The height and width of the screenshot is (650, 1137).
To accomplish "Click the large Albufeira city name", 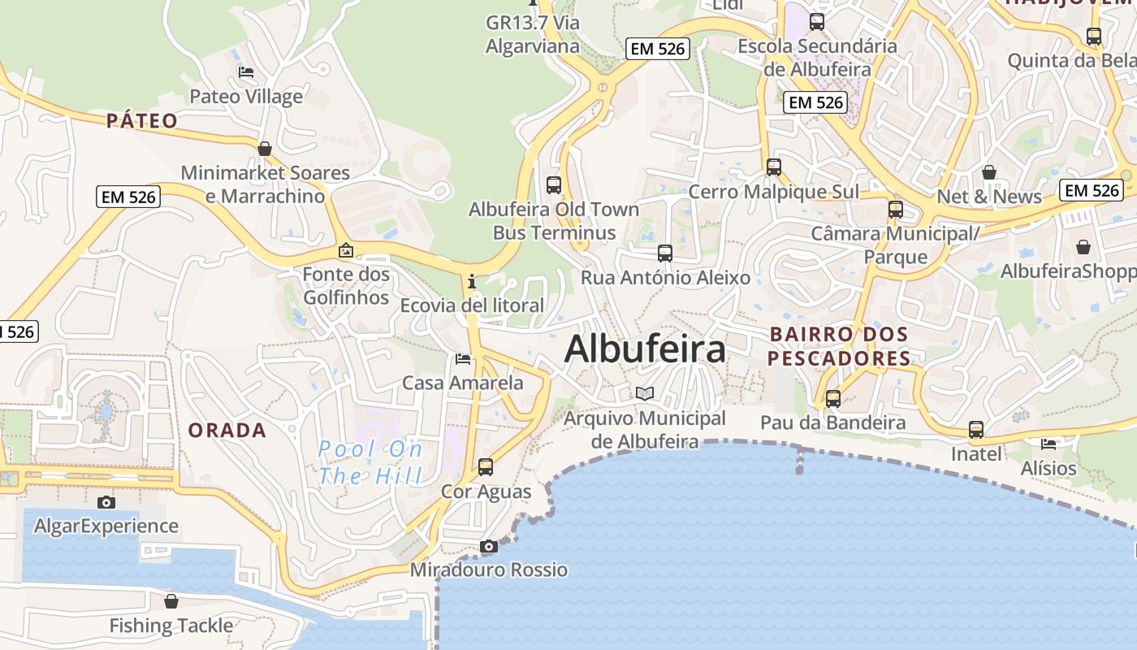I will point(645,349).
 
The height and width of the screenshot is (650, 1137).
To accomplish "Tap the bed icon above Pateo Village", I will point(246,72).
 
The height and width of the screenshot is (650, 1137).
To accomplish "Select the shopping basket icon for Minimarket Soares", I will point(265,149).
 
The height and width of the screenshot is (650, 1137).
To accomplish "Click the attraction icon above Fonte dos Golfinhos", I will point(346,250).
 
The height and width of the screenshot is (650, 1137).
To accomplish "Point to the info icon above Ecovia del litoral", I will point(472,281).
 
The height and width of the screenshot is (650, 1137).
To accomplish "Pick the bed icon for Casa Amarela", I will point(463,358).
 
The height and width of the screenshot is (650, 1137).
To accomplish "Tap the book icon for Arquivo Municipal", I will point(645,394).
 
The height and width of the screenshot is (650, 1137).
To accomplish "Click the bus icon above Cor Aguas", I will point(486,467).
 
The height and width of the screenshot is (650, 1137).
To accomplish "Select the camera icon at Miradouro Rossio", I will point(488,546).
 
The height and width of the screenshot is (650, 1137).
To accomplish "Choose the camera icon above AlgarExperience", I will point(106,502).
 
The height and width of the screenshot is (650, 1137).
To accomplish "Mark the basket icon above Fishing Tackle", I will point(171,601).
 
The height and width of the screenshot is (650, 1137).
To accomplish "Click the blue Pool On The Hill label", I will point(370,462).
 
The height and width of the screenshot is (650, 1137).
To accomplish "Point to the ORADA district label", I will point(227,431).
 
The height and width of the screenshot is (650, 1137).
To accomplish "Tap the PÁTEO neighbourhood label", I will point(142,121).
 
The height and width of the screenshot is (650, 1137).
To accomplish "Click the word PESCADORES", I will point(839,358).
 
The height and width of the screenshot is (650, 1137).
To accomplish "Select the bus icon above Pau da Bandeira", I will point(833,399).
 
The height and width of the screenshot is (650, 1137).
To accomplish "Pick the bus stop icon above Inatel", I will point(976,430).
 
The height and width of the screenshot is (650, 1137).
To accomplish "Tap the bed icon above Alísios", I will point(1048,444).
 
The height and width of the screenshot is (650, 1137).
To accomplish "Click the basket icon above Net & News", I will point(989,172).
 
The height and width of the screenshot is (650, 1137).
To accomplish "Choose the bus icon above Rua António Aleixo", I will point(665,253).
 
